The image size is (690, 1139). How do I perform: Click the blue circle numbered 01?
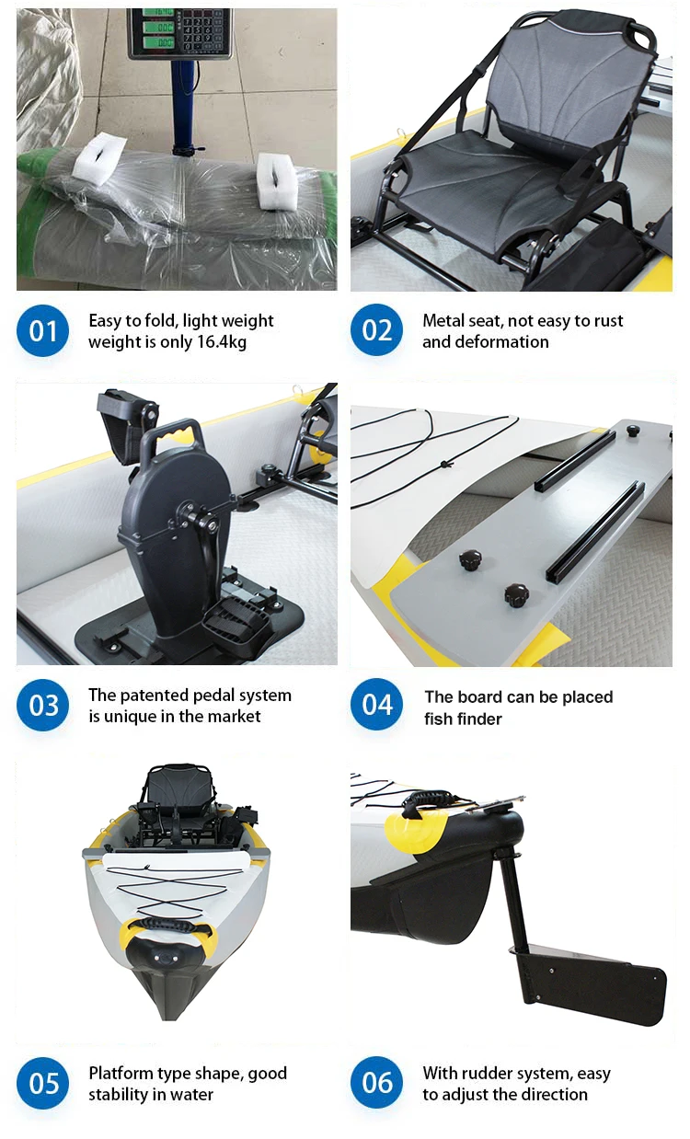click(42, 330)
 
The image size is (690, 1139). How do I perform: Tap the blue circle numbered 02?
click(376, 330)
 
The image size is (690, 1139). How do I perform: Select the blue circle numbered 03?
click(42, 706)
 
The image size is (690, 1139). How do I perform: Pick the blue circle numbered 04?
click(376, 706)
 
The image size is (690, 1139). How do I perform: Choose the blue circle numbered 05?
click(42, 1083)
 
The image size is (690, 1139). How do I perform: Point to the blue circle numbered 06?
click(376, 1083)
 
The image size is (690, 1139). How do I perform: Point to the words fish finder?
click(463, 719)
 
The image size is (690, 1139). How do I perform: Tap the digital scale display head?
click(179, 32)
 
